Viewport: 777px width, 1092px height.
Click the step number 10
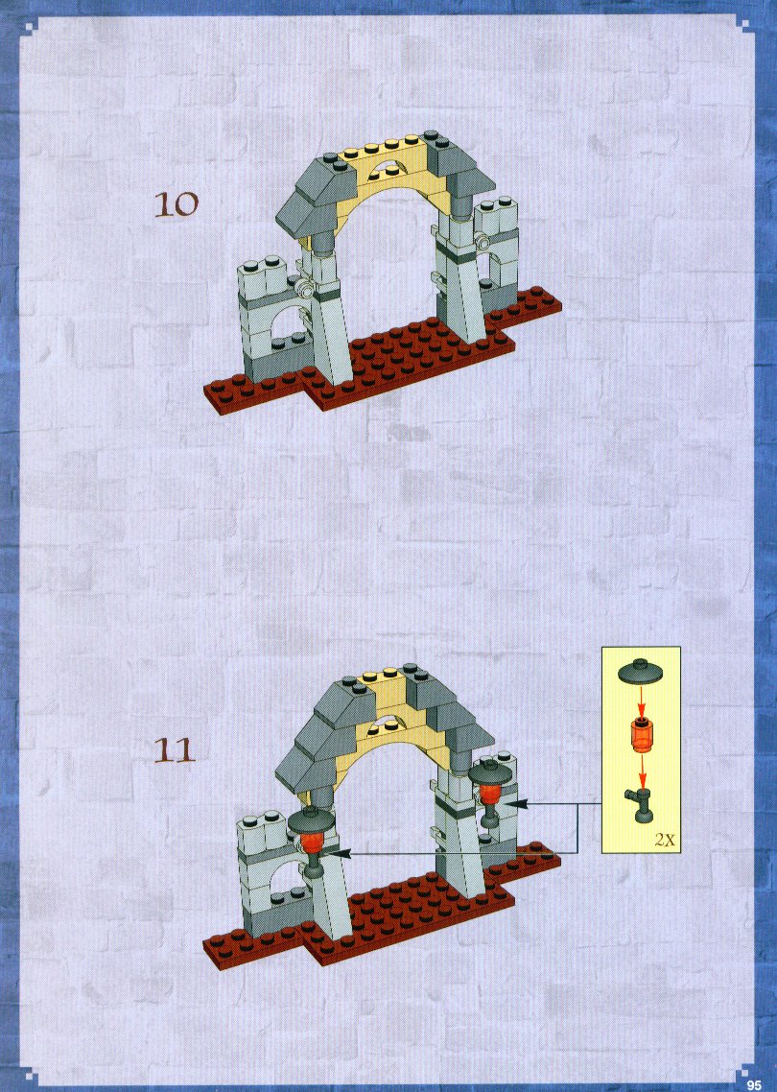coord(177,204)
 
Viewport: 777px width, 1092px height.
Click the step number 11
coord(174,751)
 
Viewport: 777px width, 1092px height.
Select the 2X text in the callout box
coord(665,840)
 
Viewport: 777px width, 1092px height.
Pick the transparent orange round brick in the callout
coord(641,735)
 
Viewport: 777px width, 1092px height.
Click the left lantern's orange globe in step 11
coord(314,841)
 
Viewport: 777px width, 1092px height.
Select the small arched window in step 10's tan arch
coord(387,167)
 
